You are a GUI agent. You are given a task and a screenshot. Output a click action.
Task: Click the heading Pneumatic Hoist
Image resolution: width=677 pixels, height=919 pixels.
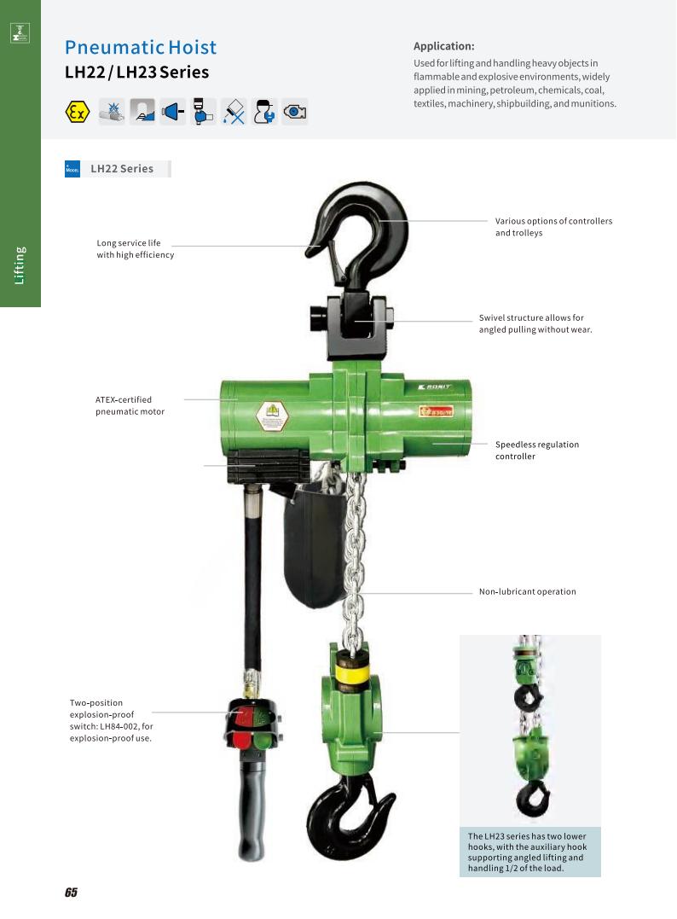pos(141,47)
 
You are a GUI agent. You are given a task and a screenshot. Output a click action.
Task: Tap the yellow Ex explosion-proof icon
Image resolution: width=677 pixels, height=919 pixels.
pos(78,112)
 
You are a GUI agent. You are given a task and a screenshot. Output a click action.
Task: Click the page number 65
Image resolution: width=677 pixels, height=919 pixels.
pos(70,893)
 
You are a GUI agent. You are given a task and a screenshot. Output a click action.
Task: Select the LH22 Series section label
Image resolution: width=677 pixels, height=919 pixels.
pos(122,169)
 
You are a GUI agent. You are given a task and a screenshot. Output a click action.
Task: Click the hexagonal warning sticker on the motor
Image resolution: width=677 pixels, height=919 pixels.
pos(273,416)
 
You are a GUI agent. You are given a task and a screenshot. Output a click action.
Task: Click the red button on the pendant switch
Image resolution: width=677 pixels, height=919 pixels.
pos(244,715)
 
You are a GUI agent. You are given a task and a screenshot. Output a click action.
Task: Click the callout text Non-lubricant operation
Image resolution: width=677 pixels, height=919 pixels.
pos(527,591)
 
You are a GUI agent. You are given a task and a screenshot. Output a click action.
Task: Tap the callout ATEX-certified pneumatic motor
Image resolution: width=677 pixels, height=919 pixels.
pos(130,405)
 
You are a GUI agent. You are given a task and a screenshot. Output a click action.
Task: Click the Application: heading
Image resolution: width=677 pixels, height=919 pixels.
pos(443,46)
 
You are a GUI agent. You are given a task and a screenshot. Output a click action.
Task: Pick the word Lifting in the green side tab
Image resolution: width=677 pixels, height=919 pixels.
pos(20,265)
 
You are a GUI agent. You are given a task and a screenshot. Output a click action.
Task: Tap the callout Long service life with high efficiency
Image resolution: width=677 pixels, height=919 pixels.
pos(135,249)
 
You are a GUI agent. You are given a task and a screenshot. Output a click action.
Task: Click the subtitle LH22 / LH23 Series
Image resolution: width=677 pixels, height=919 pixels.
pos(136,73)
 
